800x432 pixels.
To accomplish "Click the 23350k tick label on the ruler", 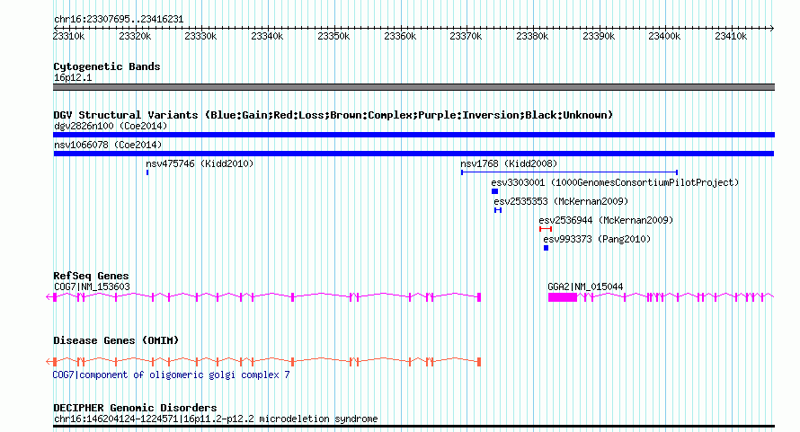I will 333,37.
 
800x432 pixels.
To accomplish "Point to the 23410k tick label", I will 731,37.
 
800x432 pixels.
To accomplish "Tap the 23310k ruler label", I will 69,37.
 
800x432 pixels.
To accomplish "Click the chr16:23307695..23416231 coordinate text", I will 119,18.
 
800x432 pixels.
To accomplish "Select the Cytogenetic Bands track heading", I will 107,66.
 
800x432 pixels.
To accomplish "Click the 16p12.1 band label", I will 73,77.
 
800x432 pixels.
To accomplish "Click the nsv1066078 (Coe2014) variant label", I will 108,145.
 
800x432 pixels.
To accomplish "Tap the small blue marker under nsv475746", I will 147,172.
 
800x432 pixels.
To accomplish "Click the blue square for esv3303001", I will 494,191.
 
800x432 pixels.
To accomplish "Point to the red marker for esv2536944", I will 546,229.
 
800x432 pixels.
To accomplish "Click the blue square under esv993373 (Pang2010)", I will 546,248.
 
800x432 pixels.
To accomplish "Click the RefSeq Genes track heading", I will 91,276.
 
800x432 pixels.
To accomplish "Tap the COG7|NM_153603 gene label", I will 92,287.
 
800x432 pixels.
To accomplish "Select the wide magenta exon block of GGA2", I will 562,296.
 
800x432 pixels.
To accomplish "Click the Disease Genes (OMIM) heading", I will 116,340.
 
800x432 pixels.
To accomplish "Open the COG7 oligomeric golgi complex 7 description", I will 172,375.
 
